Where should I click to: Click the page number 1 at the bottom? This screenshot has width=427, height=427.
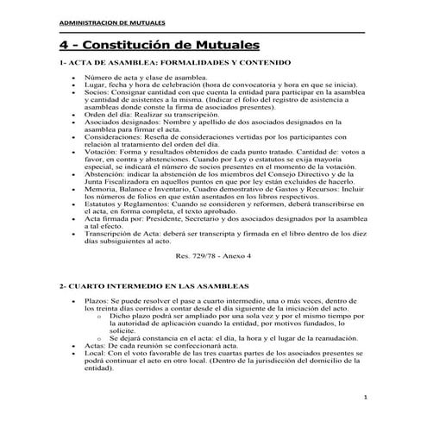367,398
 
